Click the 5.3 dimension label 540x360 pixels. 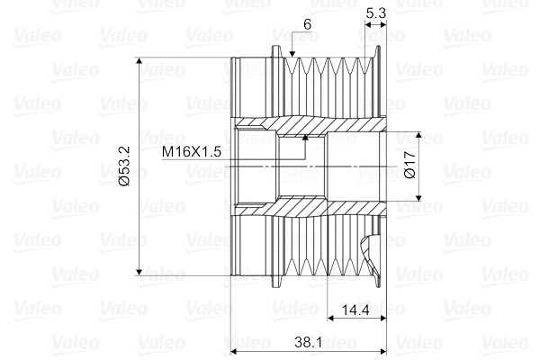click(x=375, y=13)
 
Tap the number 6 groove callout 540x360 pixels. click(x=308, y=24)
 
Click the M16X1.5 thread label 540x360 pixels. click(x=192, y=151)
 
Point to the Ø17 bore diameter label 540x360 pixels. click(x=410, y=165)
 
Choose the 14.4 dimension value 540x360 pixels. click(x=355, y=310)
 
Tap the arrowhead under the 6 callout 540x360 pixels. click(x=292, y=53)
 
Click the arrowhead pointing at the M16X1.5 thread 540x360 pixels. click(x=305, y=138)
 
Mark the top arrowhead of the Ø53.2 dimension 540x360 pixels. click(x=139, y=60)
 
